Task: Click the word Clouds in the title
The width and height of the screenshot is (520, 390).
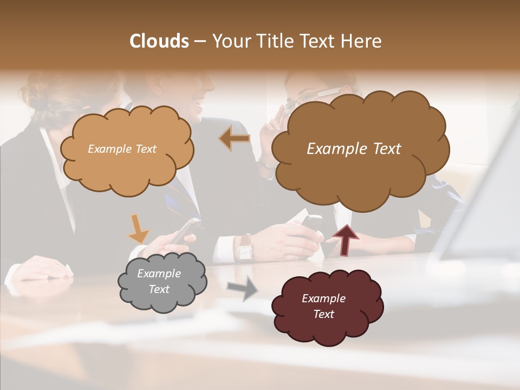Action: [x=159, y=41]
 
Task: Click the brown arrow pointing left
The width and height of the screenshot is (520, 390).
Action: [x=235, y=139]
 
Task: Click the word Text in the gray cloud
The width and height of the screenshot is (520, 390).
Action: [x=159, y=289]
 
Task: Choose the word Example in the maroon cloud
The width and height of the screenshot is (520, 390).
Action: [x=323, y=298]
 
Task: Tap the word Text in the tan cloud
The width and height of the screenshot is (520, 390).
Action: [x=145, y=149]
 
